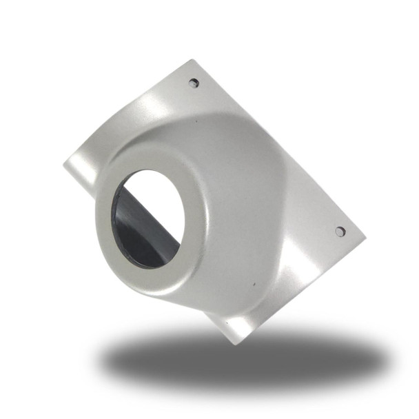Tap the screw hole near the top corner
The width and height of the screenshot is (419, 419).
point(194,83)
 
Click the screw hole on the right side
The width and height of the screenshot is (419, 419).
point(340,232)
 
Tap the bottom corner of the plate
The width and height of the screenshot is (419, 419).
point(236,343)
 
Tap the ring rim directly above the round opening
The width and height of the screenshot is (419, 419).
point(148,162)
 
